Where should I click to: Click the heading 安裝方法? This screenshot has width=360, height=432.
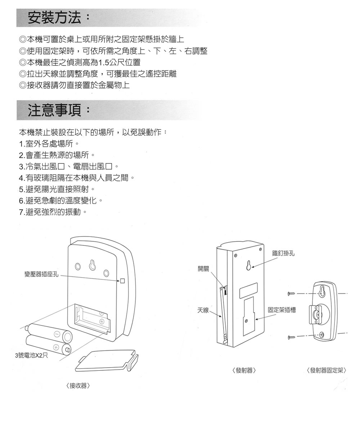[x=54, y=17]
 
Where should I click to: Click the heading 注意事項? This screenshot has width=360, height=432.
[x=54, y=110]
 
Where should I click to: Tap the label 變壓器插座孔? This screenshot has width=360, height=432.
[x=42, y=275]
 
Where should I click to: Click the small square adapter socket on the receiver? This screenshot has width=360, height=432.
[x=122, y=281]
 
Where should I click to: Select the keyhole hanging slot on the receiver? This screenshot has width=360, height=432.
[x=92, y=265]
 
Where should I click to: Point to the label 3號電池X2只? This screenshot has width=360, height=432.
[x=31, y=355]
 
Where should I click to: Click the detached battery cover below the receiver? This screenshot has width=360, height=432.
[x=107, y=361]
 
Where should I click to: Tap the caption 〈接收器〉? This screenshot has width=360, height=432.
[x=78, y=386]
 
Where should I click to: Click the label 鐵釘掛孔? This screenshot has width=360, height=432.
[x=283, y=253]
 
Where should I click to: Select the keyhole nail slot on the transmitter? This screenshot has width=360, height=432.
[x=249, y=265]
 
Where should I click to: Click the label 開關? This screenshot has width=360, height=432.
[x=203, y=269]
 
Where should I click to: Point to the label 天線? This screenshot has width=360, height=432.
[x=203, y=310]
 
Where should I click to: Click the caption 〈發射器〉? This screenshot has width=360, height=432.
[x=244, y=370]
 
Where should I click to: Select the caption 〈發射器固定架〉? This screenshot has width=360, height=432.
[x=327, y=370]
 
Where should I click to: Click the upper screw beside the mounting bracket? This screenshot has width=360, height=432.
[x=291, y=293]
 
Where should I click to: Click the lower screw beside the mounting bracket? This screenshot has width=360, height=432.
[x=291, y=337]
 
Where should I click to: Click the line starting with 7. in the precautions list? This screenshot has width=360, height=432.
[x=53, y=212]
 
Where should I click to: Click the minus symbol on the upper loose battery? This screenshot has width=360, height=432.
[x=57, y=334]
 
